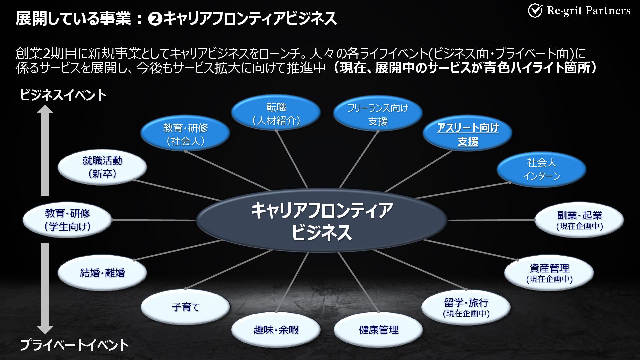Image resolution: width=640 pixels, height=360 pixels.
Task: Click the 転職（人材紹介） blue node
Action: (x=276, y=114)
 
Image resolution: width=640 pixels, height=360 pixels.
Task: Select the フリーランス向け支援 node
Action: (x=378, y=114)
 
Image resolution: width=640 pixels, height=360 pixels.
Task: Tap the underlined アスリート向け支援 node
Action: (x=468, y=134)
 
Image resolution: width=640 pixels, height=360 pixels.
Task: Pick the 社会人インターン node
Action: (x=541, y=169)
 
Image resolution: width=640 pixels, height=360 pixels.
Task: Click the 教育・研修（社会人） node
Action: (x=185, y=134)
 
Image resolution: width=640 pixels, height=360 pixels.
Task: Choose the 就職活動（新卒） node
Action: (x=102, y=167)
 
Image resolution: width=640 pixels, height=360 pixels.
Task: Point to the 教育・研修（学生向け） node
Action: (x=67, y=220)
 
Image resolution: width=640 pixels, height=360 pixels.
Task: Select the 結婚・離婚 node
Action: (x=102, y=273)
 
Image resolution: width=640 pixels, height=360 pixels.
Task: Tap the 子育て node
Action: (x=185, y=306)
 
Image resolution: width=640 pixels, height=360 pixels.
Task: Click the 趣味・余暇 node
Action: (x=276, y=330)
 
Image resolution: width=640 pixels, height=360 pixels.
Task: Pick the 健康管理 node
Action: (x=378, y=330)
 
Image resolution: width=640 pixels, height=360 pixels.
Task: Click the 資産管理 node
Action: (x=549, y=273)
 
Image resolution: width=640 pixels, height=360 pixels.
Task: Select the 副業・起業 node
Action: (x=579, y=220)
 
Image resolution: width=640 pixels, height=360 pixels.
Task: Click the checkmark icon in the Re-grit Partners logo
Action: (x=535, y=11)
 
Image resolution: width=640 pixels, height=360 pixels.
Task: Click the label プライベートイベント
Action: (x=74, y=345)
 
